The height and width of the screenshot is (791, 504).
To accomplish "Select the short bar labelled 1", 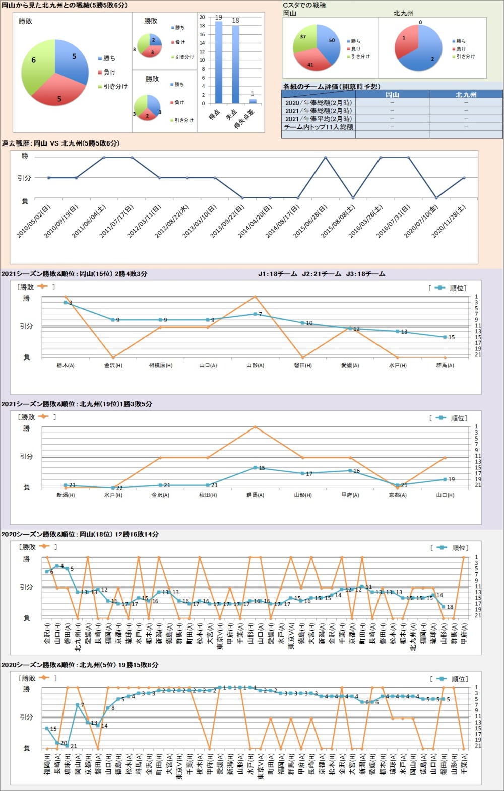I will click(253, 101).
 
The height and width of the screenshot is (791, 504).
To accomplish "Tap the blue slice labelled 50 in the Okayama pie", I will click(330, 45).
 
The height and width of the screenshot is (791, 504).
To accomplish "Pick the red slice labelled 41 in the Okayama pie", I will click(311, 61).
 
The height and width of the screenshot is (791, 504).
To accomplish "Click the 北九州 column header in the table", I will click(465, 94).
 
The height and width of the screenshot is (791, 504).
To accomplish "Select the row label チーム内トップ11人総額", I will click(319, 127).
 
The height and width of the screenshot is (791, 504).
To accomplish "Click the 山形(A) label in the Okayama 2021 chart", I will click(255, 365).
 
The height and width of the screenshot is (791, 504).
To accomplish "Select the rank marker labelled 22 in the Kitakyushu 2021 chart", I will click(113, 488).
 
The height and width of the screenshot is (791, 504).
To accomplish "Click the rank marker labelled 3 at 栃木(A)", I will click(66, 303).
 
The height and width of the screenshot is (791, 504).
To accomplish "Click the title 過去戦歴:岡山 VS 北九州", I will click(60, 143).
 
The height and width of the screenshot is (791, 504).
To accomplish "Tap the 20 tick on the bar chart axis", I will click(202, 17).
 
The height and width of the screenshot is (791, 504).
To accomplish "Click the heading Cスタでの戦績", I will click(304, 5).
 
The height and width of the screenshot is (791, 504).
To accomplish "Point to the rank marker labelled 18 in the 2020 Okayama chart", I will click(444, 607).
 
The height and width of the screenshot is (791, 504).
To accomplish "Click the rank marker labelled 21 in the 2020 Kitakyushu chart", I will click(67, 746).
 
